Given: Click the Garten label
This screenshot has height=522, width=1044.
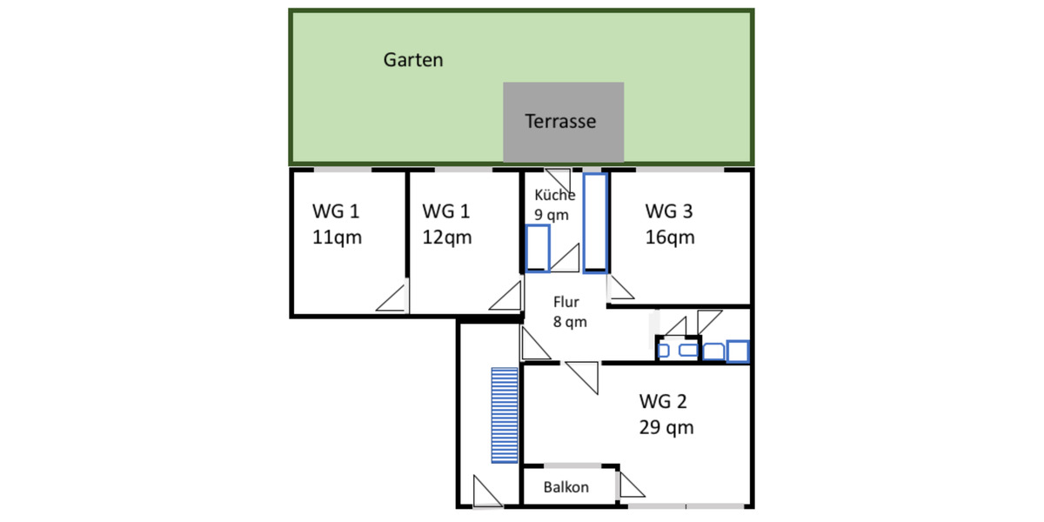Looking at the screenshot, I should click(413, 60).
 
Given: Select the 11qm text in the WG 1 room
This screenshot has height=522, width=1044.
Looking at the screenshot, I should click(337, 238).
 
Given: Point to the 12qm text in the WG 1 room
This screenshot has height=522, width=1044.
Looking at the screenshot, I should click(446, 238).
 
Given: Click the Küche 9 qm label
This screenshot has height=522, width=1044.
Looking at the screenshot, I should click(553, 204).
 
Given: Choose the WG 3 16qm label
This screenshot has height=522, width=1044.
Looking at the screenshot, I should click(669, 224).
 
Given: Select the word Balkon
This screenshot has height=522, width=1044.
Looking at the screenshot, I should click(565, 487).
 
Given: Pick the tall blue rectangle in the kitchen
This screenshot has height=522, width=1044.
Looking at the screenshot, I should click(595, 223).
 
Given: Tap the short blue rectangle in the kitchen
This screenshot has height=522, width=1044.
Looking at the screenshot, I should click(538, 248).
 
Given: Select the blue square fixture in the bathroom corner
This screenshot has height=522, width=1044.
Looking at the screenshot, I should click(739, 351).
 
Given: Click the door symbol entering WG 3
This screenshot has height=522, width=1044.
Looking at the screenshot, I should click(619, 288).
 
